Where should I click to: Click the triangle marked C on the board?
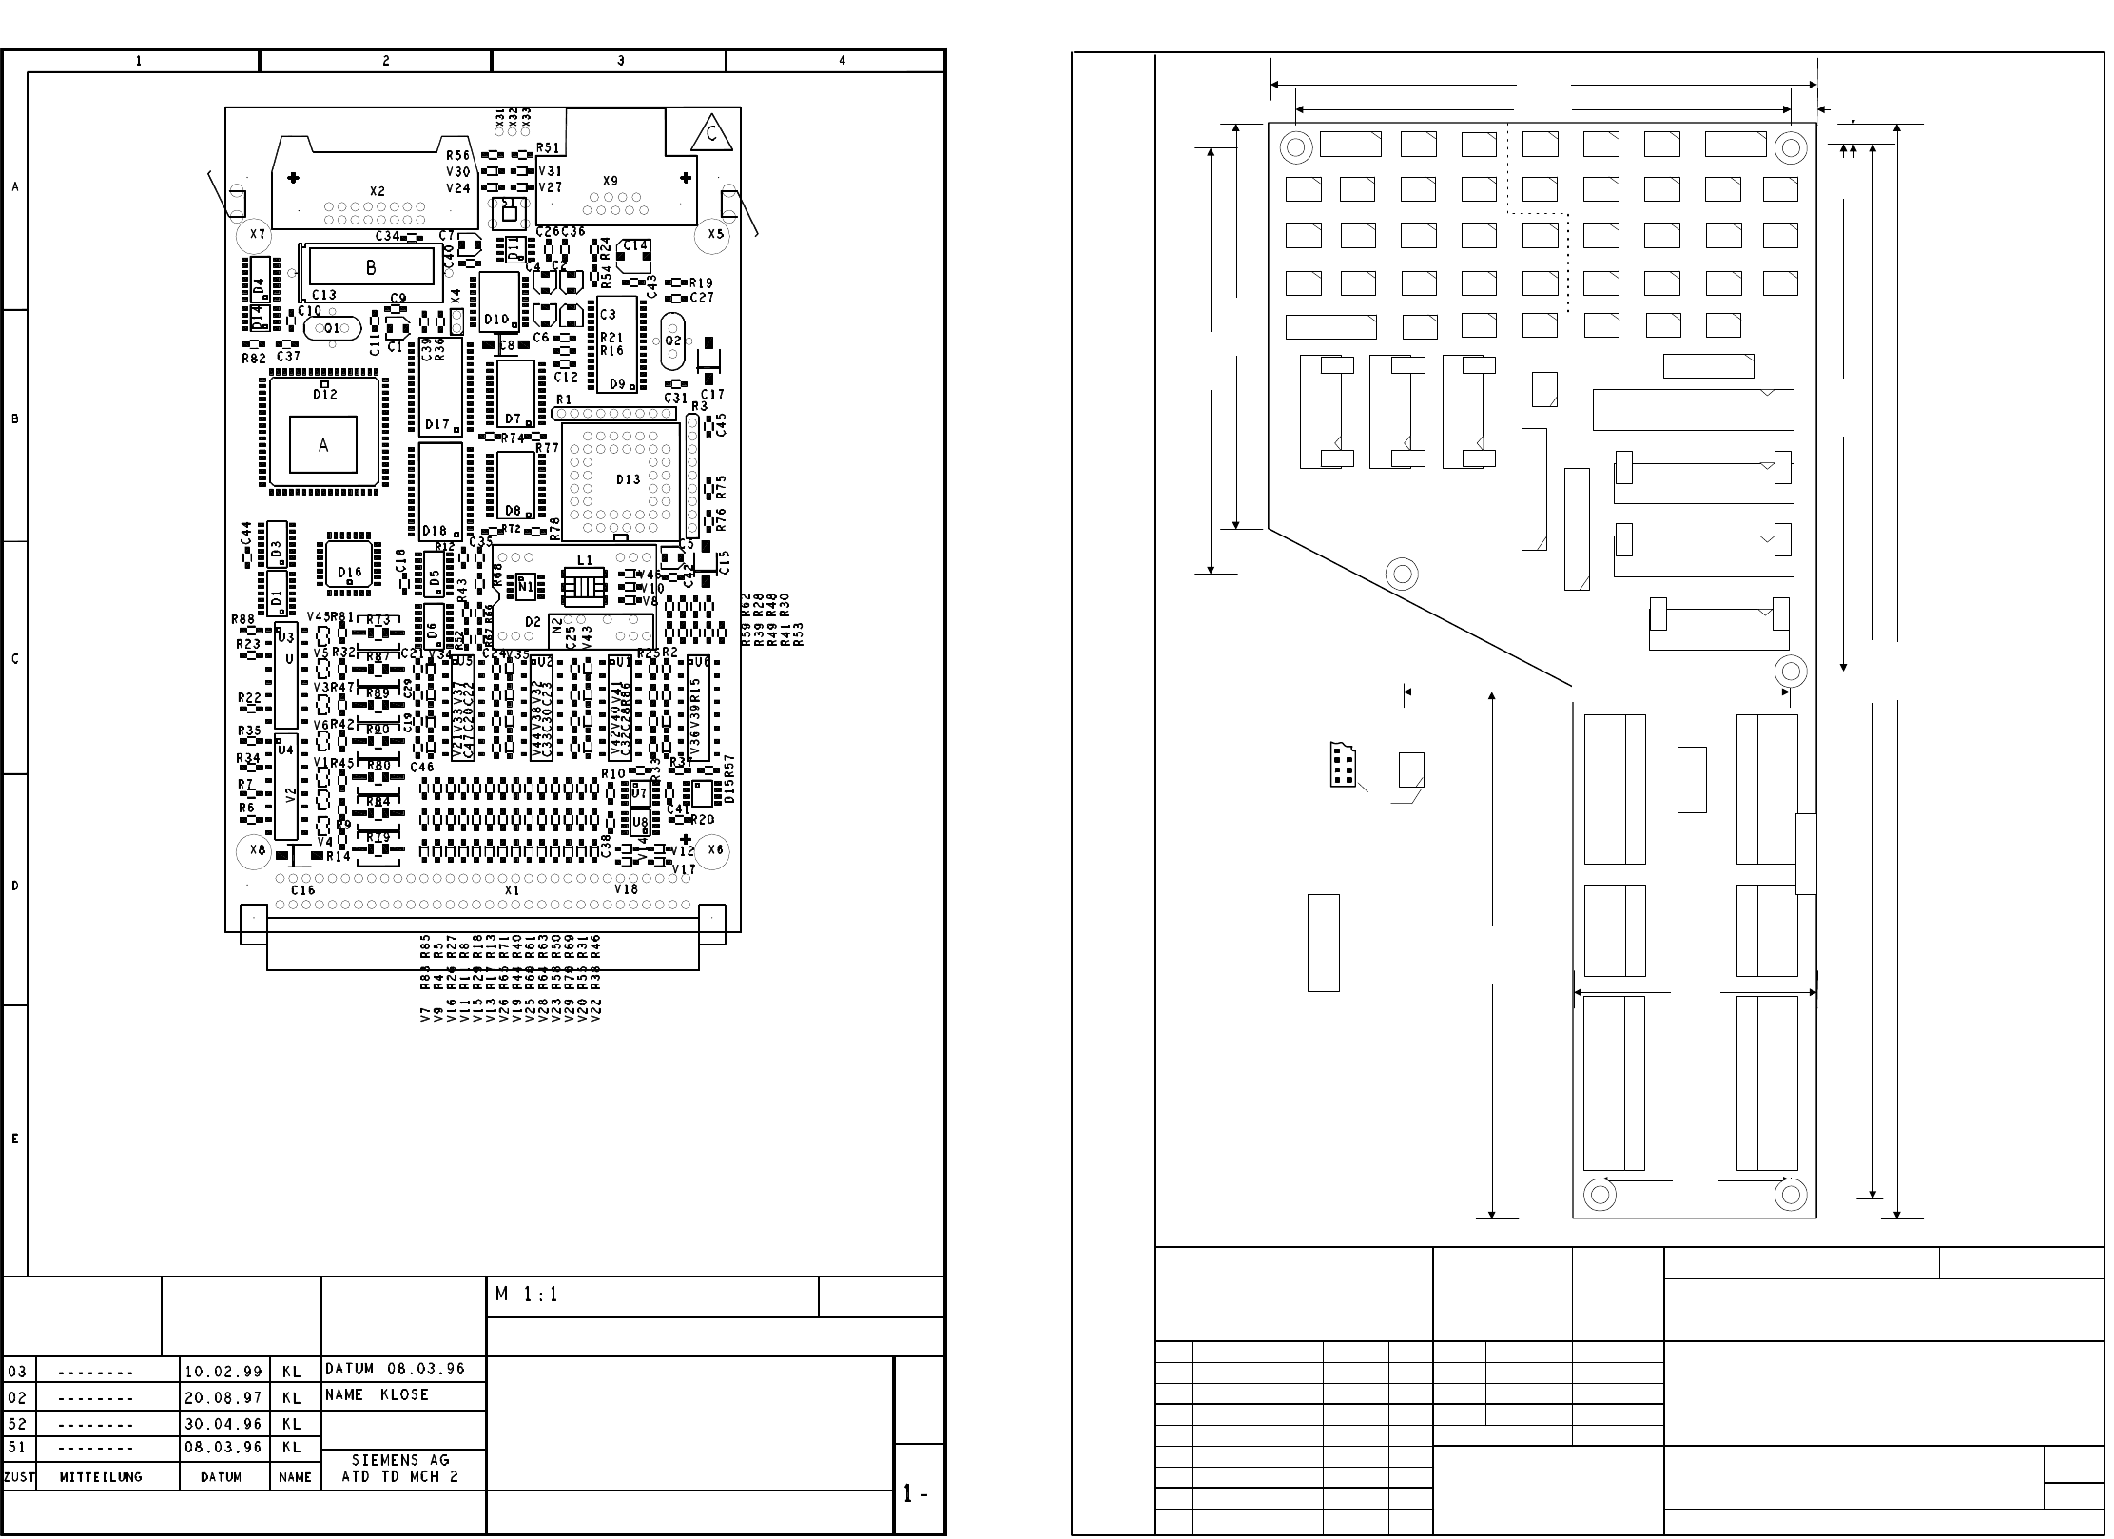711,133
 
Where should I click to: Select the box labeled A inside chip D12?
323,444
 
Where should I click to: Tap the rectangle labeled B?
371,267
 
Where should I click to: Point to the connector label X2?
378,191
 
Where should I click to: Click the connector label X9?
610,181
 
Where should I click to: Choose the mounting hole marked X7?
257,234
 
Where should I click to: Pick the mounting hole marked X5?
715,234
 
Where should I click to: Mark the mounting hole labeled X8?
257,850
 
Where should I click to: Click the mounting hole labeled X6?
715,850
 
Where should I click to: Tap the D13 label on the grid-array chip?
628,479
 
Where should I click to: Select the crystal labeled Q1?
331,328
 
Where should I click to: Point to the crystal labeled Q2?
673,341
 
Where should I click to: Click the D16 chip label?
349,573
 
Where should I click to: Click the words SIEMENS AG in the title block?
400,1460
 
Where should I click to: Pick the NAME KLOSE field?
377,1395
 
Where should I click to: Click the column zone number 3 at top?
621,61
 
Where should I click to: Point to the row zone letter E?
15,1139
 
